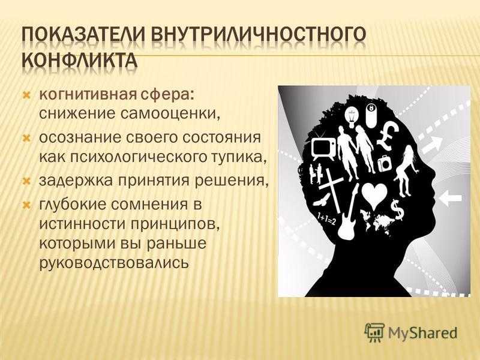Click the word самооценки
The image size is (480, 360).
coord(170,113)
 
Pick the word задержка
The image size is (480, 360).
coord(76,181)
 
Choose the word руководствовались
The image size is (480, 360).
coord(113,262)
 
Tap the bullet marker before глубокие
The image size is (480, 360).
coord(26,205)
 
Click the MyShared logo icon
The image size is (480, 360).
coord(374,332)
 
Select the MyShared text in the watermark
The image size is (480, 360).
coord(423,333)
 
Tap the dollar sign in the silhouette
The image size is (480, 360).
coord(397,209)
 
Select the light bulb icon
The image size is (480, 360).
coord(352,117)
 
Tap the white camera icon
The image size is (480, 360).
coord(385,163)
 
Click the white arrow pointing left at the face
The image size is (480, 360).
coord(450,198)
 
